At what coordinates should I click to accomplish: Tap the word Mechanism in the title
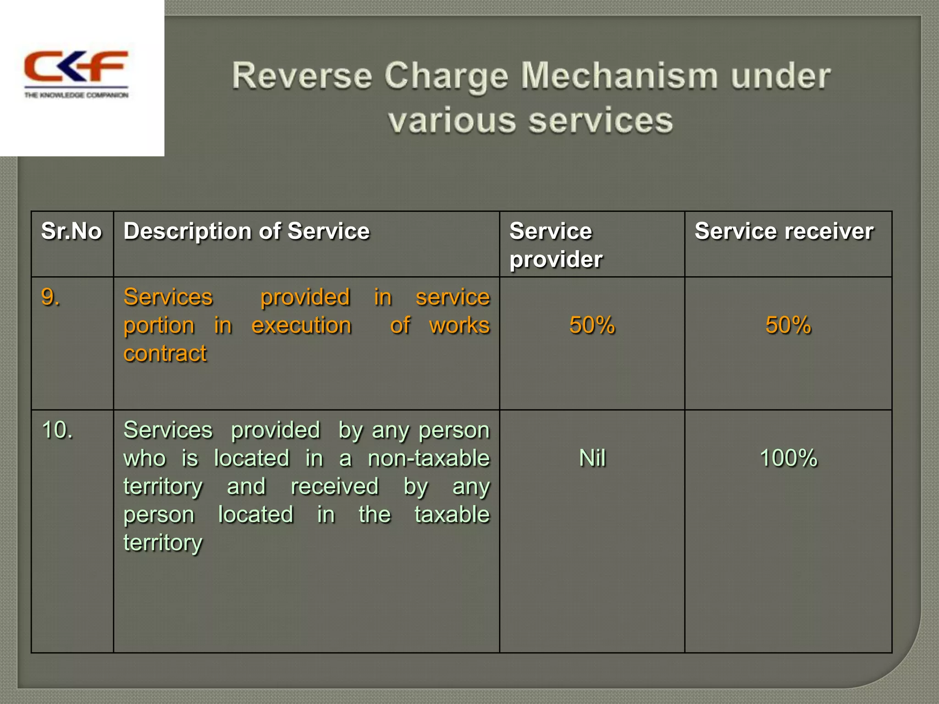[619, 76]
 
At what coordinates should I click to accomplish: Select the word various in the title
[452, 121]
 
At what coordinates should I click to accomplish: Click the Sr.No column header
[72, 231]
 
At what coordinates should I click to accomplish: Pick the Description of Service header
[247, 231]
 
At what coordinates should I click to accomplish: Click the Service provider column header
[556, 245]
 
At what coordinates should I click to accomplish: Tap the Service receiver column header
[784, 231]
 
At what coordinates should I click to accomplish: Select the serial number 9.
[50, 297]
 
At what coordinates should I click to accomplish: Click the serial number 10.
[57, 430]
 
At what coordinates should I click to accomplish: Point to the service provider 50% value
[592, 325]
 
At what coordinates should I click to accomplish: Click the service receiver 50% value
[788, 325]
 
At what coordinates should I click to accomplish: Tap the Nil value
[592, 458]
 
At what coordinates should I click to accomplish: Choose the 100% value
[788, 458]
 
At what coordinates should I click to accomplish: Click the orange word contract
[165, 353]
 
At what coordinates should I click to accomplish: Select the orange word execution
[302, 325]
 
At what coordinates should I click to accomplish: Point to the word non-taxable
[429, 458]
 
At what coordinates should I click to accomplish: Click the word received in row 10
[335, 486]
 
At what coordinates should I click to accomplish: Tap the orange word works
[459, 325]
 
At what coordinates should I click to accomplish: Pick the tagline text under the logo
[76, 95]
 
